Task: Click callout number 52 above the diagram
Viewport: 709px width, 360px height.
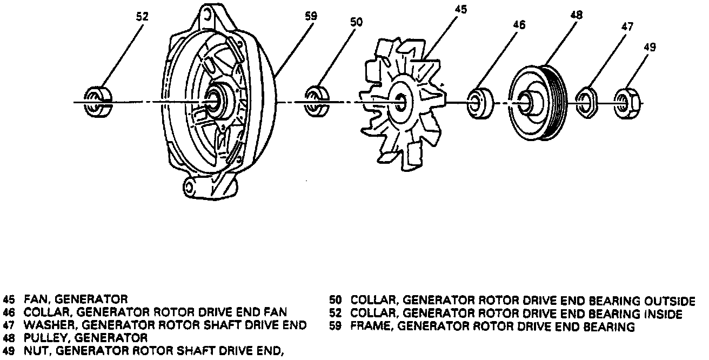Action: [142, 17]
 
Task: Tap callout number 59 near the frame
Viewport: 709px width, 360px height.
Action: [311, 16]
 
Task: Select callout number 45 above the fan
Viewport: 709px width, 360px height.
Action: [460, 9]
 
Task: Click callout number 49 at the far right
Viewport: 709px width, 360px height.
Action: [650, 47]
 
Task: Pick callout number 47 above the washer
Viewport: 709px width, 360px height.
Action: [627, 26]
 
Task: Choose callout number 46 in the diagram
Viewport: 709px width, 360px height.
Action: [519, 24]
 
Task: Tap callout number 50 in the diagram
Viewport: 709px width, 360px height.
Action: [357, 22]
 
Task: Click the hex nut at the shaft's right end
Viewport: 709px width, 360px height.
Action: [627, 101]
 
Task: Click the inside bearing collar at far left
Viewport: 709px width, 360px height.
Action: [97, 101]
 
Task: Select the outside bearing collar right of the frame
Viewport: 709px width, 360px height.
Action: [317, 100]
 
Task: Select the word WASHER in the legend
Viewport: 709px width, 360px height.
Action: [42, 325]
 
